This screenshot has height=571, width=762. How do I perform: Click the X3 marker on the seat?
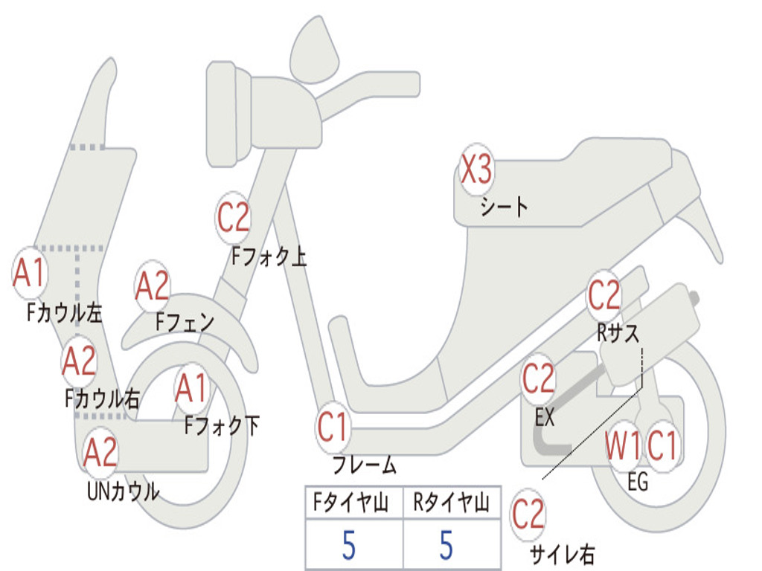(x=476, y=170)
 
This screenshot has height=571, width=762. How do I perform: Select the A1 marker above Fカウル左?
(x=30, y=274)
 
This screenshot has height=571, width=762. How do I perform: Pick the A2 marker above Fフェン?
(x=153, y=287)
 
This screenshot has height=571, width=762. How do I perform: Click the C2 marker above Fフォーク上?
(x=234, y=218)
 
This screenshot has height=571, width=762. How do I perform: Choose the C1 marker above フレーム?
(x=333, y=428)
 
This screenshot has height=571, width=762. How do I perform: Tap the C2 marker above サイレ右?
(x=528, y=514)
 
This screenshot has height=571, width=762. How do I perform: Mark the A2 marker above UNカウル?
(x=100, y=452)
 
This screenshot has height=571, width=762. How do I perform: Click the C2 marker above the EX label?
(x=538, y=379)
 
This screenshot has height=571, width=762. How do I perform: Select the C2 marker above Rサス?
(x=603, y=296)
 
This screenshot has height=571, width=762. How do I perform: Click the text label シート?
(x=504, y=206)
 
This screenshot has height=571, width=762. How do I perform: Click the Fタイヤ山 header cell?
(x=353, y=503)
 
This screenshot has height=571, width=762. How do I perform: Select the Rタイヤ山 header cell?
(x=451, y=503)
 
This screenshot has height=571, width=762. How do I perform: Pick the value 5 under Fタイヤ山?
(x=349, y=544)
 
